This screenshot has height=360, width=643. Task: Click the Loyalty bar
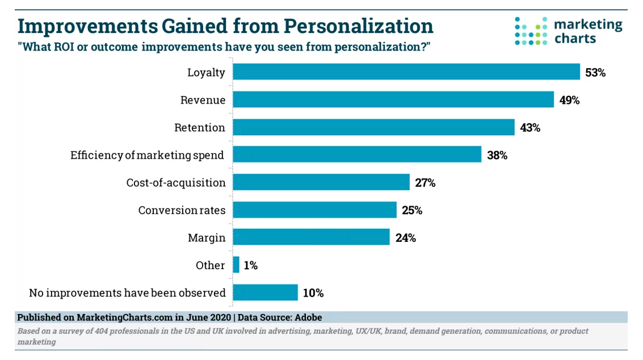[406, 72]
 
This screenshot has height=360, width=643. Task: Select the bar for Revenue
[393, 100]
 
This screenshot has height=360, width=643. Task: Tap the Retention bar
[373, 127]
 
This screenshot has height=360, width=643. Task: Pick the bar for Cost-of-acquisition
[321, 182]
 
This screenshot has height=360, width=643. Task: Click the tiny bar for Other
[236, 265]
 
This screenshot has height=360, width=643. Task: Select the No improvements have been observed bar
[265, 292]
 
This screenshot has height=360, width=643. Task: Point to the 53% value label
[595, 73]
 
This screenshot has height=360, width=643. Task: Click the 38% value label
[497, 155]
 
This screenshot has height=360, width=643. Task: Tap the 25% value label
[412, 210]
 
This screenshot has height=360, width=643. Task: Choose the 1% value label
[250, 265]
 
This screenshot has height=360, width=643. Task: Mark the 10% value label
[313, 293]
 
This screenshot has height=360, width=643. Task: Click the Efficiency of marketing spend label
[148, 155]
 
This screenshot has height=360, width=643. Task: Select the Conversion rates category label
[182, 210]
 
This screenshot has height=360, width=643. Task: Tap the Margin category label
[207, 238]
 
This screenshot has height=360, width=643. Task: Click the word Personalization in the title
[358, 26]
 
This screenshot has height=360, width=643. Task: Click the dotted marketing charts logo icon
[531, 31]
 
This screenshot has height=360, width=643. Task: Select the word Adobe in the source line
[307, 317]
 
